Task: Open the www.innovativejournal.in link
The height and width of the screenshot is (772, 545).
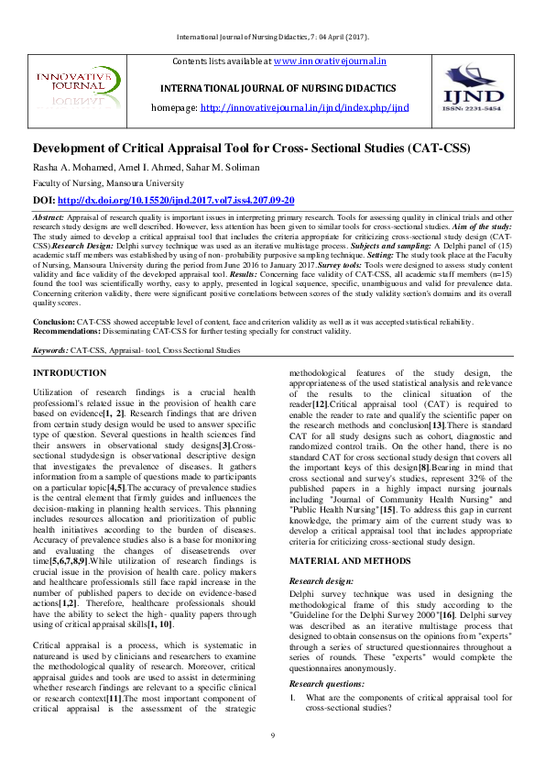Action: [330, 61]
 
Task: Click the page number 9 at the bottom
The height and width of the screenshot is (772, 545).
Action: [272, 736]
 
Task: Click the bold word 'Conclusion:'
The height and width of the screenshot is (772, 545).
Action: [54, 322]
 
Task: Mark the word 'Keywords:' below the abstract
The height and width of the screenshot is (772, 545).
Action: [50, 349]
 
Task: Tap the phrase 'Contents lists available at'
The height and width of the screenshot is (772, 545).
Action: [222, 61]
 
